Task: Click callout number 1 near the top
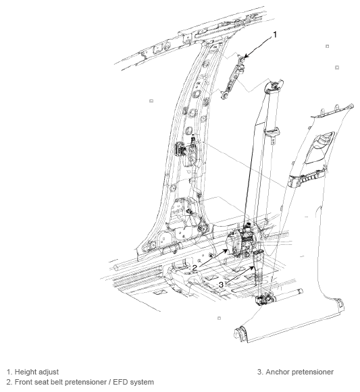[x=275, y=33]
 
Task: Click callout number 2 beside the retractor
[x=195, y=268]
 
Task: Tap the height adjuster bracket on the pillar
[x=234, y=76]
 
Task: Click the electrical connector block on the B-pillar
[x=183, y=150]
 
